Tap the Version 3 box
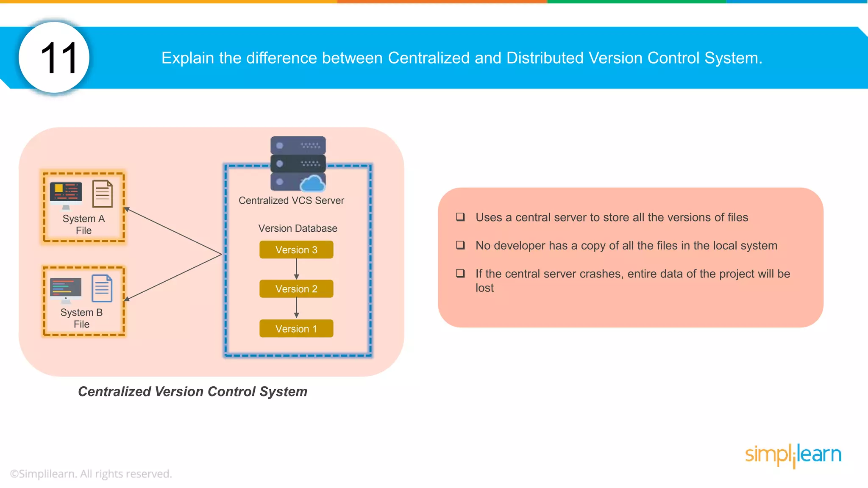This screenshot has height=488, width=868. pyautogui.click(x=296, y=250)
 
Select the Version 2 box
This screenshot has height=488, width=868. pyautogui.click(x=296, y=289)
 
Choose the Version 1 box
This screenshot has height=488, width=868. pyautogui.click(x=296, y=329)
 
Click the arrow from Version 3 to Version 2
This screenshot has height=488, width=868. pyautogui.click(x=296, y=269)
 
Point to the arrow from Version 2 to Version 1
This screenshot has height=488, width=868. pyautogui.click(x=296, y=308)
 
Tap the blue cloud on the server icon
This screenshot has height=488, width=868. pyautogui.click(x=313, y=183)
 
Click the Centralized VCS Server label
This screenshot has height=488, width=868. pyautogui.click(x=291, y=200)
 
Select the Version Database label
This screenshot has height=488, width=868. pyautogui.click(x=298, y=228)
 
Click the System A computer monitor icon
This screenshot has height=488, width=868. pyautogui.click(x=66, y=194)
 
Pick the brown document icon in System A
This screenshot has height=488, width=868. pyautogui.click(x=103, y=194)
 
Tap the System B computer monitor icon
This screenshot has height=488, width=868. pyautogui.click(x=66, y=290)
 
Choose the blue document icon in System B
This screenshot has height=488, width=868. pyautogui.click(x=102, y=288)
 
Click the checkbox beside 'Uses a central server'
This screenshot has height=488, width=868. pyautogui.click(x=460, y=217)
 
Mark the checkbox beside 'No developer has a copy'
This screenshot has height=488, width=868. pyautogui.click(x=460, y=245)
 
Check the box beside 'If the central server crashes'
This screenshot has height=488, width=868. pyautogui.click(x=460, y=273)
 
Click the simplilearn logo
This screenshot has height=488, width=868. pyautogui.click(x=793, y=455)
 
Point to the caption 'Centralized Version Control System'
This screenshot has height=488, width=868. pyautogui.click(x=192, y=391)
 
